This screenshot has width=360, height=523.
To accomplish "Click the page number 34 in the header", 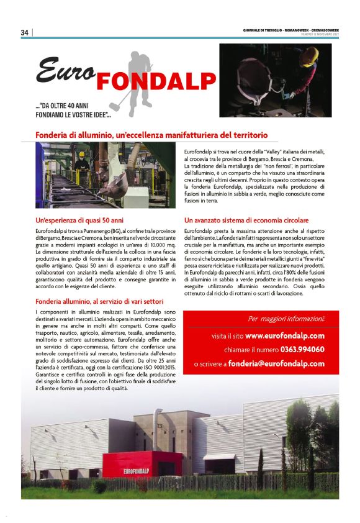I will (25, 32).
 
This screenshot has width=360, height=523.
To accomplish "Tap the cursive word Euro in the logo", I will (65, 70).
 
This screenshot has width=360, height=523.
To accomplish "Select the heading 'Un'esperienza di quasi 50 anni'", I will (79, 221).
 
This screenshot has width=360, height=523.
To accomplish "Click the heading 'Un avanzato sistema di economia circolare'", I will (246, 221).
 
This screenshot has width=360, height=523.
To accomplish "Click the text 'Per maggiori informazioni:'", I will (286, 319).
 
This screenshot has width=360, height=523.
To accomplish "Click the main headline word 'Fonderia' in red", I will (55, 134).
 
